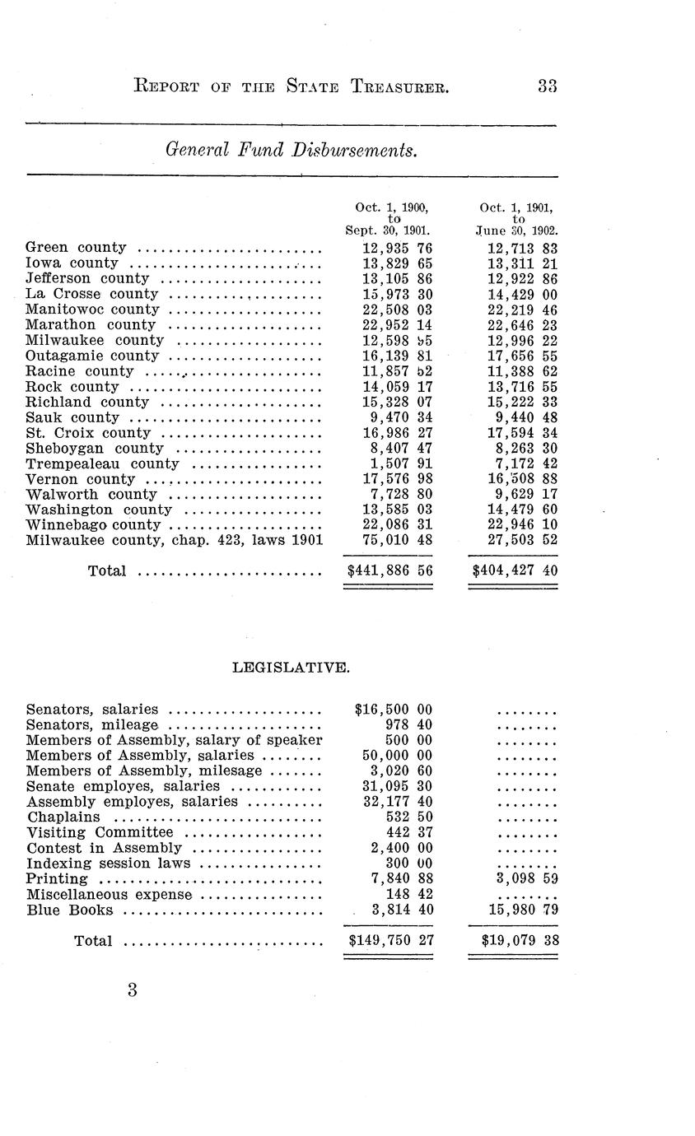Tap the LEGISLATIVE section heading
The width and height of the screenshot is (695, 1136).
point(292,668)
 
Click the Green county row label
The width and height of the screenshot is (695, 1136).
point(76,248)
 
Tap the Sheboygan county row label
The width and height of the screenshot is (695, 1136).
point(95,449)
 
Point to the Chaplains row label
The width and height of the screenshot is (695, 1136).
point(63,817)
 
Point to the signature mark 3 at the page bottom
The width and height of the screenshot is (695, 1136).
point(132,990)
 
